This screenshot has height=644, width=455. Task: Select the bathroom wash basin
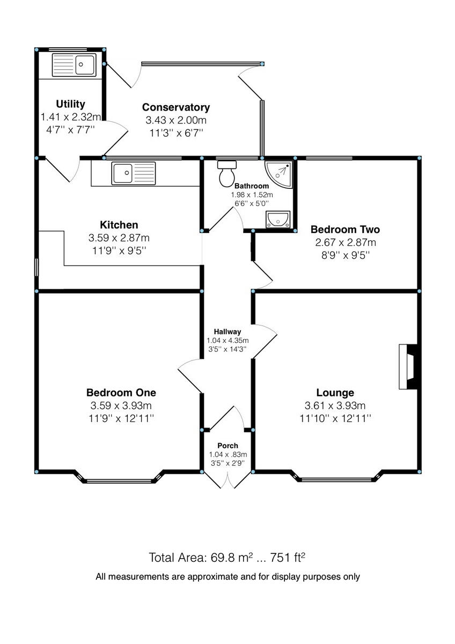pyautogui.click(x=277, y=219)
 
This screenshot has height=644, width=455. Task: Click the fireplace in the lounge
pyautogui.click(x=408, y=367)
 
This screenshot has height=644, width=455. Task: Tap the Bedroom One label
pyautogui.click(x=121, y=392)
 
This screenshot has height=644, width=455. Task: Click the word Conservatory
pyautogui.click(x=176, y=108)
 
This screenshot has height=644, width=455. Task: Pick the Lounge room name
pyautogui.click(x=335, y=392)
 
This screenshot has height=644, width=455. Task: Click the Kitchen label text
pyautogui.click(x=119, y=225)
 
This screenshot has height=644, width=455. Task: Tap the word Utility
pyautogui.click(x=70, y=104)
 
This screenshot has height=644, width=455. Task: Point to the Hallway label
pyautogui.click(x=227, y=332)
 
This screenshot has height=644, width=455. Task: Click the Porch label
pyautogui.click(x=227, y=446)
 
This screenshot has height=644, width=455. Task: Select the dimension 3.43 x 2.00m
pyautogui.click(x=176, y=120)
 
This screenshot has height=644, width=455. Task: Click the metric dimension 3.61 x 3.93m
pyautogui.click(x=335, y=405)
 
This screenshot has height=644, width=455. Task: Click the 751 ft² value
pyautogui.click(x=289, y=557)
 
